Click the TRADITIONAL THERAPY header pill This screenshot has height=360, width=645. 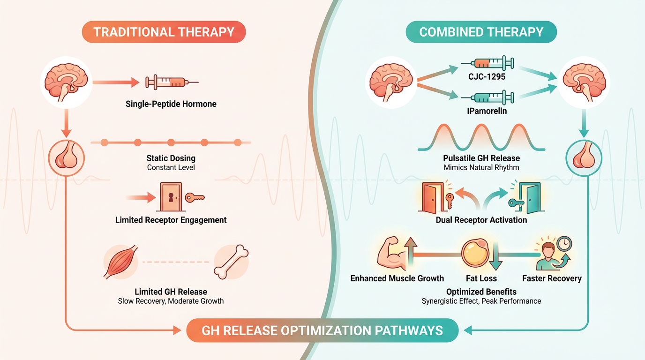tap(164, 32)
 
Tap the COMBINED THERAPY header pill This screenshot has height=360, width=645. tap(481, 32)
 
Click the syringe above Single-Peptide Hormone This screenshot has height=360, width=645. tap(172, 82)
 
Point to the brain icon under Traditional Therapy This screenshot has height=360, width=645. tap(66, 82)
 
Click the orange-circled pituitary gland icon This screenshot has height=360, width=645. tap(66, 158)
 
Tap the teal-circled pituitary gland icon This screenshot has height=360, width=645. tap(584, 158)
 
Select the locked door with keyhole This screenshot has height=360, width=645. tap(171, 197)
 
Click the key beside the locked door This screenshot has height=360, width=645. tap(195, 197)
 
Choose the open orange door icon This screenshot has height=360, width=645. tap(432, 197)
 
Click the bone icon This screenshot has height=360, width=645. tap(231, 262)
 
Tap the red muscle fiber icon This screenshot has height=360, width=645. tap(120, 262)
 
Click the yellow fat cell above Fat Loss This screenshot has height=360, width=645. tap(475, 253)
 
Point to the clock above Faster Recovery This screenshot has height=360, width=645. tap(564, 244)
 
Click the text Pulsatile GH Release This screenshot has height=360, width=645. tap(481, 158)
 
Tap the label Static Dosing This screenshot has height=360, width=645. tap(171, 158)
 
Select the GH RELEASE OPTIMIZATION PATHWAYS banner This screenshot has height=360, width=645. tap(322, 330)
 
